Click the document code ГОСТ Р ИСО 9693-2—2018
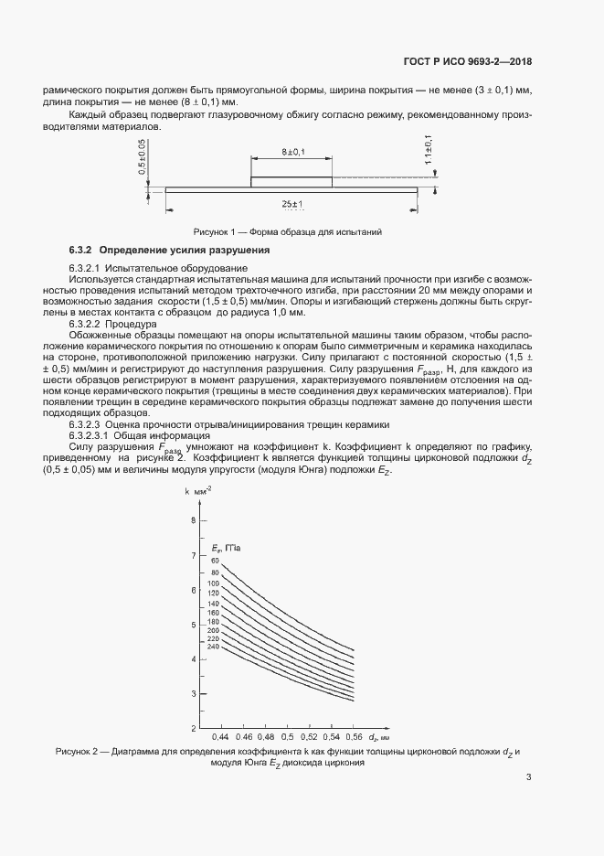tap(467, 62)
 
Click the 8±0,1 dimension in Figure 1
tap(292, 151)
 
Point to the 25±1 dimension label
tap(292, 203)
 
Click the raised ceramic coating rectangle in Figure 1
tap(291, 183)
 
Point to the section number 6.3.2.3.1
tap(92, 435)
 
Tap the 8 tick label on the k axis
tap(193, 520)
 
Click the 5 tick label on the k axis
tap(193, 625)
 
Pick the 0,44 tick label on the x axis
tap(220, 736)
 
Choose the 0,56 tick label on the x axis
tap(354, 736)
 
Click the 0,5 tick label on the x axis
tap(288, 736)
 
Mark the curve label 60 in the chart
tap(215, 560)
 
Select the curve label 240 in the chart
tap(214, 647)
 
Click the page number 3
tap(529, 778)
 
